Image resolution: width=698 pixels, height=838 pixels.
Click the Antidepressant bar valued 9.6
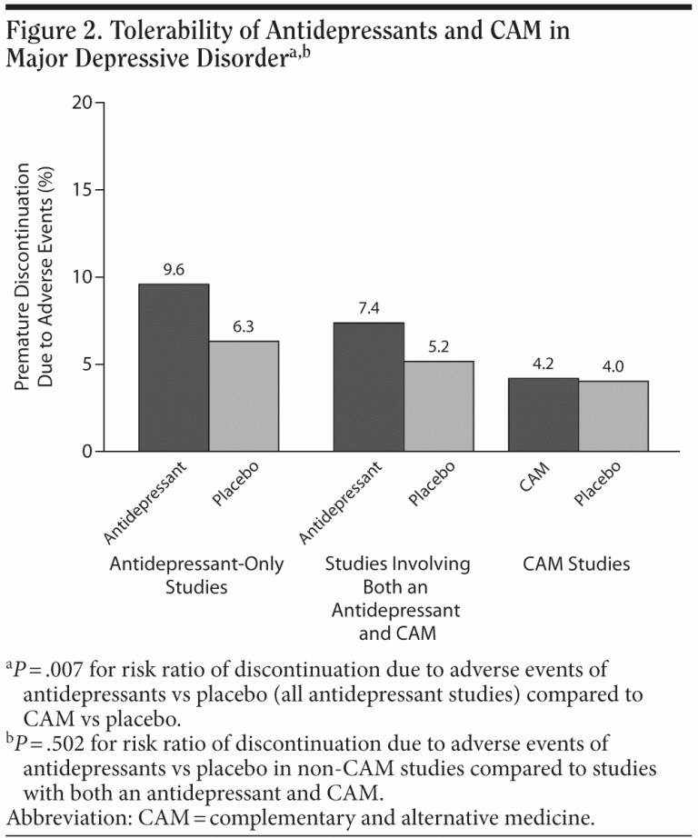(174, 368)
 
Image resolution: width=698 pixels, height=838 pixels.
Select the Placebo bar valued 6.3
(244, 396)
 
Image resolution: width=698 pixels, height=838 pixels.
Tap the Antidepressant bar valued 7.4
(369, 387)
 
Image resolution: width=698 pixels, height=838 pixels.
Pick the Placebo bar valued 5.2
(439, 406)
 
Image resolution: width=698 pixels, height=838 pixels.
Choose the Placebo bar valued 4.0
(613, 416)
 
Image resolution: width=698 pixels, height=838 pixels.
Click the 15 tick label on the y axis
(82, 190)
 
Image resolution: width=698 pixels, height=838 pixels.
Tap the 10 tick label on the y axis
(82, 277)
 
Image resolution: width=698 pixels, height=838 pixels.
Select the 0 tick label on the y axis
(87, 452)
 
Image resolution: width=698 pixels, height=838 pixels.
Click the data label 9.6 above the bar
(174, 270)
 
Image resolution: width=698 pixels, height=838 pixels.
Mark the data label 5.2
(439, 347)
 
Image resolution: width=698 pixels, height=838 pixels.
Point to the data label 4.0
(613, 366)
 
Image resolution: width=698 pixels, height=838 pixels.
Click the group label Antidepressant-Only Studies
(196, 574)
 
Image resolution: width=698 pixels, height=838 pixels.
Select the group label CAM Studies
(576, 564)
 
